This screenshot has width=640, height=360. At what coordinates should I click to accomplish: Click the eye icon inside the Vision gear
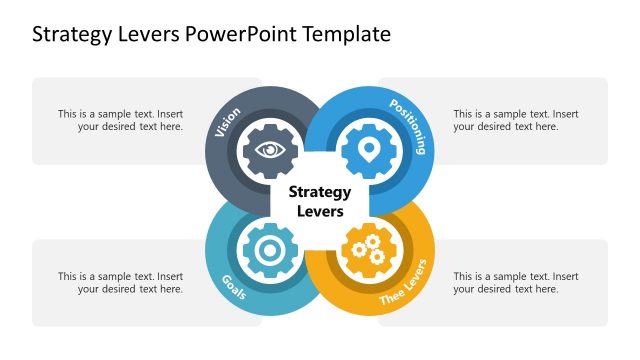[x=269, y=150]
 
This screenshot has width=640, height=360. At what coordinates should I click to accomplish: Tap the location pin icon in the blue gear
[x=369, y=150]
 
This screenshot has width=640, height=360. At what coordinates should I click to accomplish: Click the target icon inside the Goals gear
[x=269, y=251]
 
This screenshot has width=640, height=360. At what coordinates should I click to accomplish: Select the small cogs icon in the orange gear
[x=369, y=250]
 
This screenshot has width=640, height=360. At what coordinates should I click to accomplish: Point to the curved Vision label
[x=228, y=123]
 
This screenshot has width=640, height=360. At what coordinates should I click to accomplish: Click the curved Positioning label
[x=408, y=125]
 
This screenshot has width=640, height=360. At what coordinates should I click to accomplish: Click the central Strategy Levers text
[x=319, y=201]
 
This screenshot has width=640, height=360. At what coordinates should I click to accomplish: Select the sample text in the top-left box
[x=120, y=121]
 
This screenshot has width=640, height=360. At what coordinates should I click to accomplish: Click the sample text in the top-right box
[x=515, y=121]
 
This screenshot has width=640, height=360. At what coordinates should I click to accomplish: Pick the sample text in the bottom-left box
[x=120, y=283]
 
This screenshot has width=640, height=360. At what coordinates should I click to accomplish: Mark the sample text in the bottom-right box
[x=515, y=283]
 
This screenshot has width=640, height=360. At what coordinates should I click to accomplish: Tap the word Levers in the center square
[x=319, y=212]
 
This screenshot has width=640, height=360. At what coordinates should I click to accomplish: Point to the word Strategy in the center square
[x=319, y=191]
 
